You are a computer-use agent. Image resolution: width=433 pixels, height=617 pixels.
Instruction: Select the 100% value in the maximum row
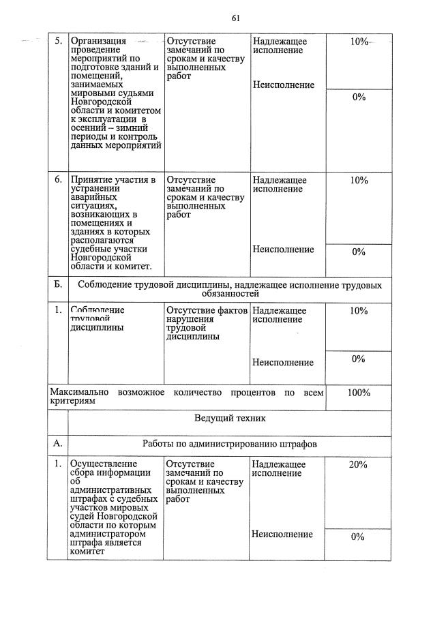point(359,393)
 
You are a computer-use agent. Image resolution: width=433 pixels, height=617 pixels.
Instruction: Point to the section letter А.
point(58,443)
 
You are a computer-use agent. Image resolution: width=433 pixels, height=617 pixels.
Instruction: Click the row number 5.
point(58,42)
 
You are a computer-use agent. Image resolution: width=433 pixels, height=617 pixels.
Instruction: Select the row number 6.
point(58,181)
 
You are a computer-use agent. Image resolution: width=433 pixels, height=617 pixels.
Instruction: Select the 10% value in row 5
point(359,42)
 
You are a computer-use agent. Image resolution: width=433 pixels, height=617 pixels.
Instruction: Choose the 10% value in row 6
point(359,181)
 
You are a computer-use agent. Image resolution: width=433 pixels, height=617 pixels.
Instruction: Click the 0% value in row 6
point(359,252)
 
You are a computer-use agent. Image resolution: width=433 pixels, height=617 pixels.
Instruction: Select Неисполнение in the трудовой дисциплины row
point(283,362)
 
